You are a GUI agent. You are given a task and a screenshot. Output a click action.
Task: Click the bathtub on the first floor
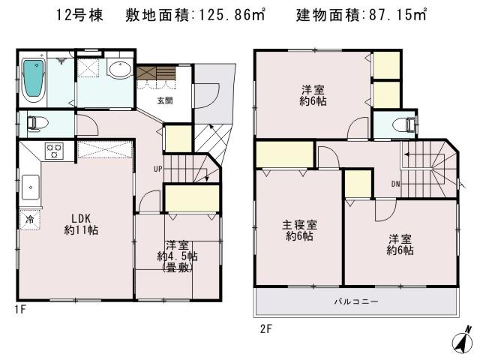34,79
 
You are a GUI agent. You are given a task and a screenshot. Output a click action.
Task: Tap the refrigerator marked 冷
29,220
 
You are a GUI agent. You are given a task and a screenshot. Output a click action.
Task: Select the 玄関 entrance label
165,100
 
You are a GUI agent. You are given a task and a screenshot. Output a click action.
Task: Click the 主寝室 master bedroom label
298,230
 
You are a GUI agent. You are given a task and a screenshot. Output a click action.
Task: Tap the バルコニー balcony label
356,301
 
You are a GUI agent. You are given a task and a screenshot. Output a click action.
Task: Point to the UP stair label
157,167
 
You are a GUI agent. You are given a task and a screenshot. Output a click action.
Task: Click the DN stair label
395,184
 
